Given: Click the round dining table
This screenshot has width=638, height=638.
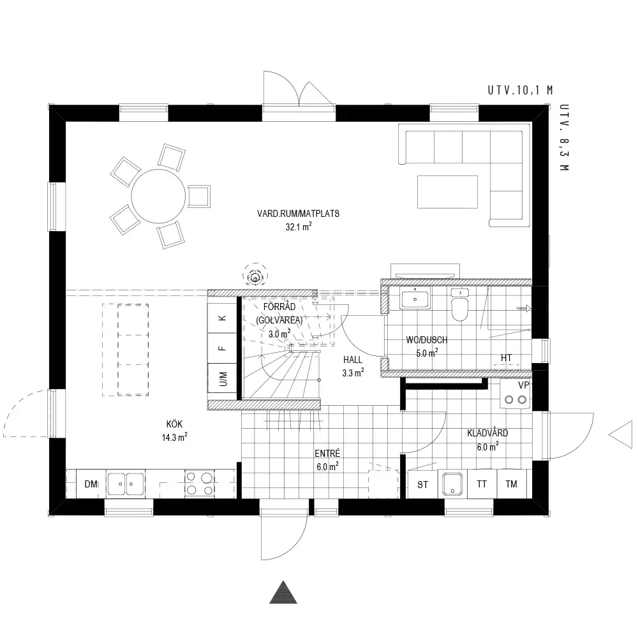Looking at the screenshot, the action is [x=158, y=196].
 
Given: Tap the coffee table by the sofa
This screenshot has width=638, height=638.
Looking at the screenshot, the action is [x=448, y=191].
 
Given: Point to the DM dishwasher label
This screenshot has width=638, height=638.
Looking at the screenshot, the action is [x=91, y=484].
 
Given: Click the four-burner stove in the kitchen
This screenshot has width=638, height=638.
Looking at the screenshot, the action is [x=199, y=484].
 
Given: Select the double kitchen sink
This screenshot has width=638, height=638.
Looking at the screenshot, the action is [x=126, y=484].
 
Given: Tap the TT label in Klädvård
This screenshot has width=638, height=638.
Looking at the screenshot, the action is [x=482, y=484].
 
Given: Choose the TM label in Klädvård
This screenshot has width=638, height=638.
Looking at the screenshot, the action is [x=512, y=484].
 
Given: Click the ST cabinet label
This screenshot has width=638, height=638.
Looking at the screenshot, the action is [x=423, y=485].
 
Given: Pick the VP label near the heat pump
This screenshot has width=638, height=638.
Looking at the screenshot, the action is [x=524, y=385].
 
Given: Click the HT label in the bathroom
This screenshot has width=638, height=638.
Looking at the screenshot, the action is [x=506, y=358].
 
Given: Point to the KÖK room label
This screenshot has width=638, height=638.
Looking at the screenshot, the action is [x=175, y=424].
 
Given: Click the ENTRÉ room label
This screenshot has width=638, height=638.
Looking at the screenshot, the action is [x=327, y=453].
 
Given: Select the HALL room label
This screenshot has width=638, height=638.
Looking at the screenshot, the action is [x=353, y=360].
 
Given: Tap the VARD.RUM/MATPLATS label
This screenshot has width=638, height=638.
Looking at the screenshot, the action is [x=298, y=214].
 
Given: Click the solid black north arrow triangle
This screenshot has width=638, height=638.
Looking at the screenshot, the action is [x=283, y=593].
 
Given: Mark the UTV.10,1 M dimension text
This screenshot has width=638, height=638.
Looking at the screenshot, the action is [x=521, y=91].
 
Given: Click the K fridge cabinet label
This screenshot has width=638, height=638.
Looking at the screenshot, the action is [x=222, y=318].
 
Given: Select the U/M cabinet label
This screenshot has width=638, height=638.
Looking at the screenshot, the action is [x=223, y=379].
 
